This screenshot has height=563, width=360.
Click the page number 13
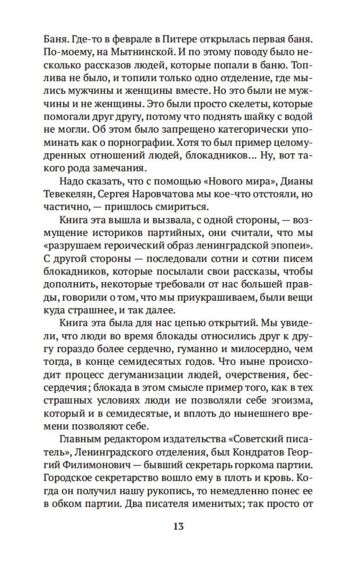click(178, 526)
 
